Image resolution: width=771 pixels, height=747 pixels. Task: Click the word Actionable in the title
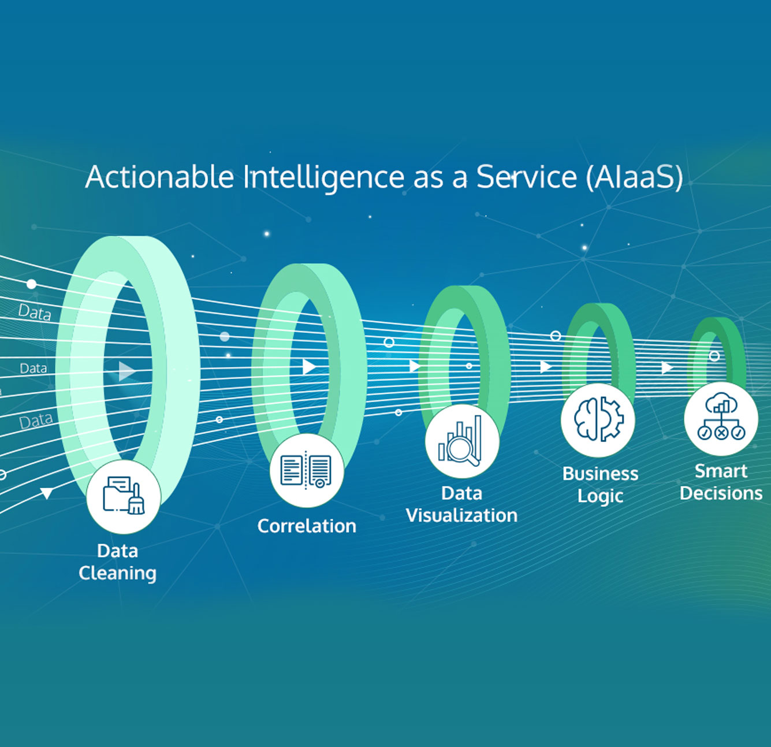(159, 177)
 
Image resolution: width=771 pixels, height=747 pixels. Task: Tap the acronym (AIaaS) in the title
(634, 177)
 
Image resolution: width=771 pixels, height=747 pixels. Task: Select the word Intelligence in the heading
(323, 178)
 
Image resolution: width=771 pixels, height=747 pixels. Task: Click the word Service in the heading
(526, 177)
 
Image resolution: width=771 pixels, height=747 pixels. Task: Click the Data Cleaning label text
(118, 562)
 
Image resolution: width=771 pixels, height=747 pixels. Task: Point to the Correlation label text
(307, 526)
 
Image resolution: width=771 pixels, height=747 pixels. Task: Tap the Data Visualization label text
(461, 504)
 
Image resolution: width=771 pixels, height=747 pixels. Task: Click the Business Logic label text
(600, 485)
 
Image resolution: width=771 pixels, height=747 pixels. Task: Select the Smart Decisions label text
(721, 482)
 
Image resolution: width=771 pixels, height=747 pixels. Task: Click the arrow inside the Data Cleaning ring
(126, 371)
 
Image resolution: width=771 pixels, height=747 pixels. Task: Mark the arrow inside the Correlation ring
(309, 366)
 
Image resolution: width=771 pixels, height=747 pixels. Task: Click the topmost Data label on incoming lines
(35, 313)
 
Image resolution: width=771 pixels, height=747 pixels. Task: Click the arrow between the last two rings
(667, 367)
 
